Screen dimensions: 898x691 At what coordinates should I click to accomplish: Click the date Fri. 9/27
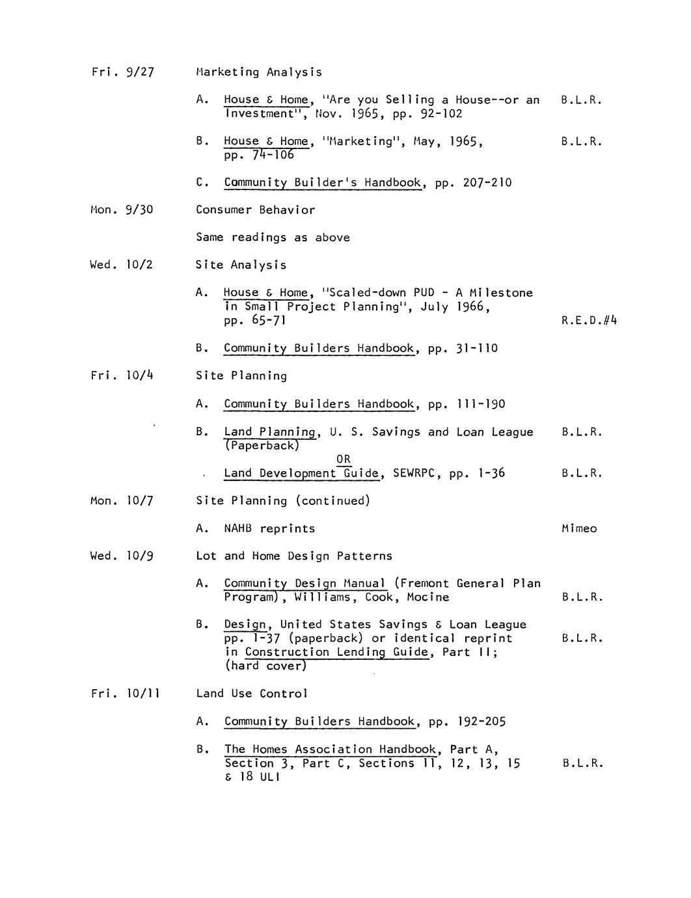tap(122, 72)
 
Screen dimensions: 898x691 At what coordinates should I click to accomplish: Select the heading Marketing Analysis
tap(258, 72)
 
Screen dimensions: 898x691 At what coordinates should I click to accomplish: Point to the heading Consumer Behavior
tap(255, 210)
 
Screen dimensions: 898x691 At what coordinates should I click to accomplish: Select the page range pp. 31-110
tap(463, 349)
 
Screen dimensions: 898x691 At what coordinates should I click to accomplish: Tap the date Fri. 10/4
tap(122, 376)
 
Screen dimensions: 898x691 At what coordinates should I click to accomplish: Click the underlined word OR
tap(344, 459)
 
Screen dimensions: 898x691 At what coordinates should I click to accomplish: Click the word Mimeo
tap(578, 529)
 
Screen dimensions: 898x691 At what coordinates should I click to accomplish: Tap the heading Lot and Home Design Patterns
tap(294, 556)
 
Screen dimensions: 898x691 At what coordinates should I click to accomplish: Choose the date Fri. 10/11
tap(126, 694)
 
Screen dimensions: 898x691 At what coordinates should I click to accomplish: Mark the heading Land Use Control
tap(252, 694)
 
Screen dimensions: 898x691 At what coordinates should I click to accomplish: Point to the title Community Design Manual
tap(305, 584)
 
